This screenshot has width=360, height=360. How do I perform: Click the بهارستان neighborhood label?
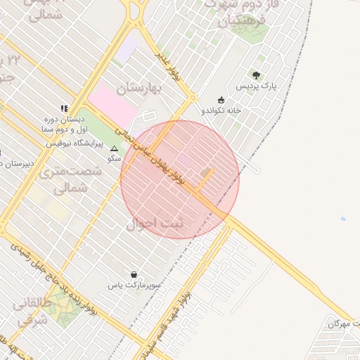(139, 89)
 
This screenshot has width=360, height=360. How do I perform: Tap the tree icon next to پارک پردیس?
(256, 75)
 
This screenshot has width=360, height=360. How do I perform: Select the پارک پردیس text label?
(252, 87)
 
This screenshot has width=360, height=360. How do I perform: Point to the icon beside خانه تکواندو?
(221, 99)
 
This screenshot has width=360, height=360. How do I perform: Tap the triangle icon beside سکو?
(115, 149)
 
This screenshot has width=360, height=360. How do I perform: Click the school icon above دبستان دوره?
(64, 109)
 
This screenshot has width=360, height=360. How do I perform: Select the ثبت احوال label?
(153, 224)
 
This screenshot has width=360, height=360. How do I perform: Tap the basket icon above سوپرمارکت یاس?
(134, 274)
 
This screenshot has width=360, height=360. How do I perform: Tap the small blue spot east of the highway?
(343, 219)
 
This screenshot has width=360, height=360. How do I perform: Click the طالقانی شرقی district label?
(31, 314)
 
